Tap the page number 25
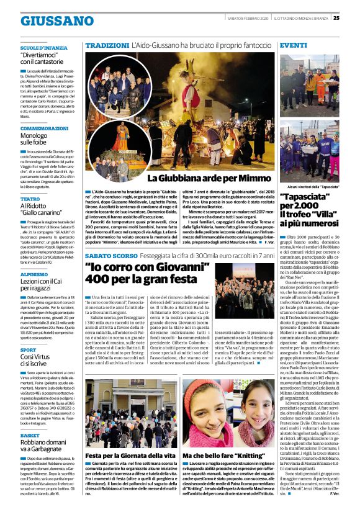[353, 17]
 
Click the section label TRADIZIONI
[106, 46]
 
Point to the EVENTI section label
[294, 46]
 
